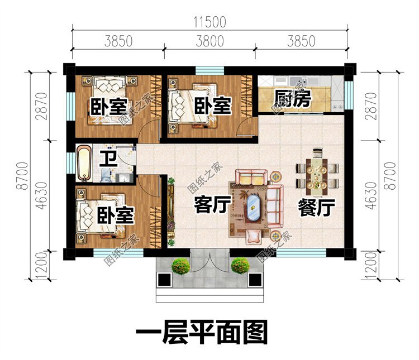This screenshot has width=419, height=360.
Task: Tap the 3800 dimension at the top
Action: click(x=209, y=40)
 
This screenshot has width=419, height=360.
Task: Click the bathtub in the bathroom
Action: click(x=84, y=162)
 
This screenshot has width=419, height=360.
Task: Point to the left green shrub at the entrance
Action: click(x=180, y=266)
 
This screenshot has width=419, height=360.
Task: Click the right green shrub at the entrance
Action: click(x=240, y=265)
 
